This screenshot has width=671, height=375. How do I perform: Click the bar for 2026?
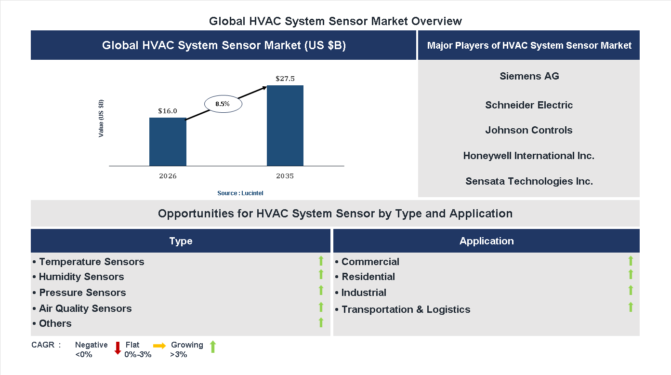pos(168,142)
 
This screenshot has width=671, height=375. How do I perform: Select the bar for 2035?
pos(285,126)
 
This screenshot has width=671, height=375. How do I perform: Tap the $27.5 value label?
pos(285,78)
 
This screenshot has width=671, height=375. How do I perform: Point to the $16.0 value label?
pos(168,111)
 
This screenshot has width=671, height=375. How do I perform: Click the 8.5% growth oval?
pos(223,104)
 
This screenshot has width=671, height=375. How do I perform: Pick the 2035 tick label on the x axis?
pos(285,176)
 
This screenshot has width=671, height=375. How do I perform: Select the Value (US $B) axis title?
pos(101,118)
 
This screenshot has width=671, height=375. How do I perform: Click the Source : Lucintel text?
pos(240,193)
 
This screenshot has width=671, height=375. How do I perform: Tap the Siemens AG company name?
pos(529,76)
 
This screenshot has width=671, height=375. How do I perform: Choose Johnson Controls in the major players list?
pos(528,130)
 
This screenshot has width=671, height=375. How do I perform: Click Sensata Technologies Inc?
pos(529,181)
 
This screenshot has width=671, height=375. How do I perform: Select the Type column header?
pos(181,241)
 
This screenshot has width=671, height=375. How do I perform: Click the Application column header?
pos(487,241)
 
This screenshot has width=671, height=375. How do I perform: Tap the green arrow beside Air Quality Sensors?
pos(321,307)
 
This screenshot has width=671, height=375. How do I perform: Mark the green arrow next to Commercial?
pos(631,261)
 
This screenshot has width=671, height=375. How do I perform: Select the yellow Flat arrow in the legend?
pos(159,346)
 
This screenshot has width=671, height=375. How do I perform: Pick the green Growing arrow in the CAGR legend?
pos(213,347)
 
